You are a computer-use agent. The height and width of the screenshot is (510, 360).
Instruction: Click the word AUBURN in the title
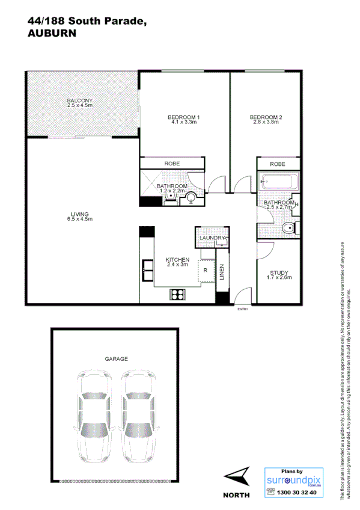(52, 34)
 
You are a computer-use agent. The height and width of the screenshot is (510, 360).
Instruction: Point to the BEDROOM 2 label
(266, 119)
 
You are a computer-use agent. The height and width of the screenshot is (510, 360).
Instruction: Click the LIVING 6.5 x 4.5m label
(80, 217)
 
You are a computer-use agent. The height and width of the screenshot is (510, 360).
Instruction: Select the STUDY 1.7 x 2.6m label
(279, 275)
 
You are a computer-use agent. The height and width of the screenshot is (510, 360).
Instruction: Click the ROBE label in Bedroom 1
(172, 164)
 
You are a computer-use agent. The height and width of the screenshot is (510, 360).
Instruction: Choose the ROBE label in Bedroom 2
(277, 164)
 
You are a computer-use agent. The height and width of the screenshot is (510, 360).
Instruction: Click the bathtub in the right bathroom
(278, 181)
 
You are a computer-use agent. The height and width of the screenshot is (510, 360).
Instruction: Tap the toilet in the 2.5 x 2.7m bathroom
(289, 228)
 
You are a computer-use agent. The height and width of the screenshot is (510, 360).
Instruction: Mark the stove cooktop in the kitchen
(178, 294)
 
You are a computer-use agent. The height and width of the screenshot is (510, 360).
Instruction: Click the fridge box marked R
(206, 271)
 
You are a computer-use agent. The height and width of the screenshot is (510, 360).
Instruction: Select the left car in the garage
(95, 415)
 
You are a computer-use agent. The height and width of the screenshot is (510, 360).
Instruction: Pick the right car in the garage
(138, 415)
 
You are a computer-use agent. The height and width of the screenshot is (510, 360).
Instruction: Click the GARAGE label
(116, 359)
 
